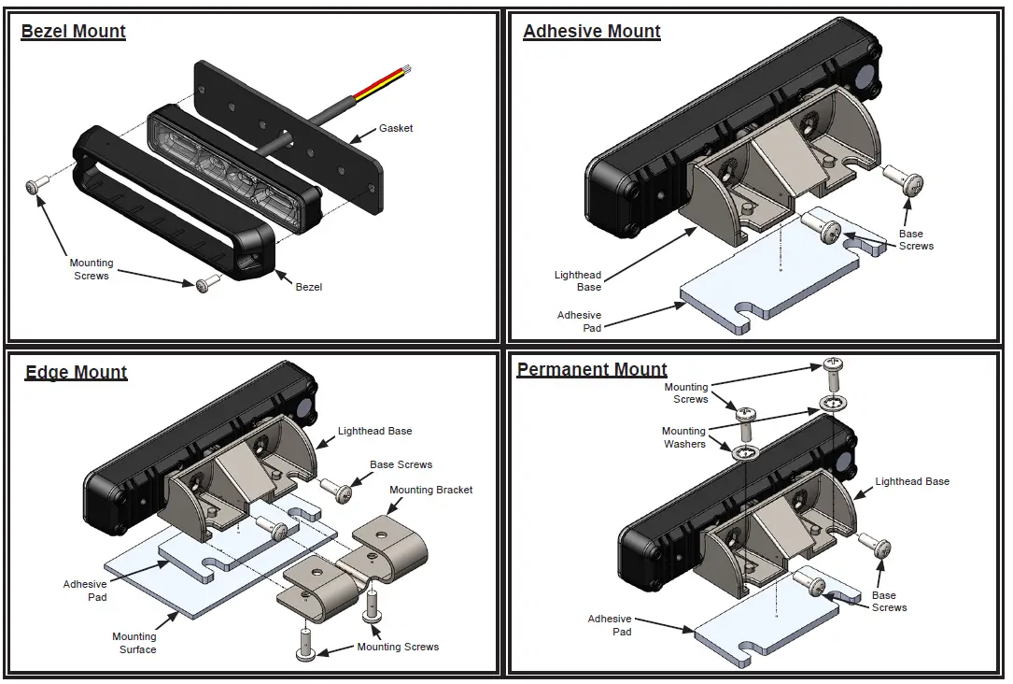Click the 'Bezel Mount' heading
point(73,32)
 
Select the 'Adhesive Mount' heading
point(591,32)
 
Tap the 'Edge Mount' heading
point(76,373)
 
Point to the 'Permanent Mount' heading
point(592,370)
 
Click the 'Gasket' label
point(396,128)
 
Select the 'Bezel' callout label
point(308,287)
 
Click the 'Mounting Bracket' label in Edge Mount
point(430,490)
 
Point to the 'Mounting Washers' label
point(684,437)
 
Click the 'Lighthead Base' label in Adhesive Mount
point(578,281)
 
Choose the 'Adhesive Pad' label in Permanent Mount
point(610,625)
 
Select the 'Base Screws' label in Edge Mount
point(401,464)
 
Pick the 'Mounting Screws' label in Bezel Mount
point(91,269)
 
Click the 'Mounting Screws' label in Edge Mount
point(398,647)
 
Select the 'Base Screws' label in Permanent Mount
point(889,601)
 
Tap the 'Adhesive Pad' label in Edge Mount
point(85,591)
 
